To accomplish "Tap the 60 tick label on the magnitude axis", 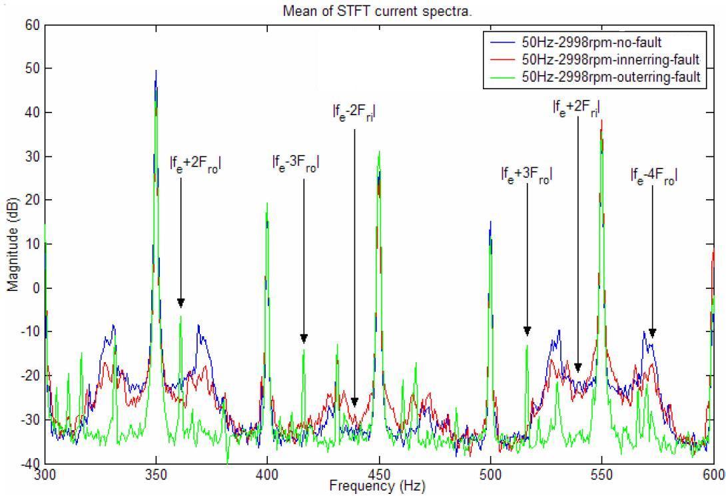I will pos(33,25).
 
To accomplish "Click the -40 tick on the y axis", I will pos(31,463).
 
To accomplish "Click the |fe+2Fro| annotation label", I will pos(195,164).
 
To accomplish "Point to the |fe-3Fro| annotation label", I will pos(296,162).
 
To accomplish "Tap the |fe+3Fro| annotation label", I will pos(526,175).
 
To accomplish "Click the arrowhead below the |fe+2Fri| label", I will pos(578,368).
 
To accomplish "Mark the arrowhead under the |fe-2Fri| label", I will pos(355,402).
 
